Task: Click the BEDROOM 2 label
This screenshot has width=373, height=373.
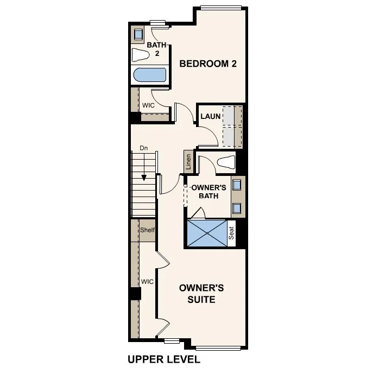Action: (208, 64)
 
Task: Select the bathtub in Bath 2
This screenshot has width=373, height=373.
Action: (149, 75)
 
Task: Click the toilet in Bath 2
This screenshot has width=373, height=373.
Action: (141, 55)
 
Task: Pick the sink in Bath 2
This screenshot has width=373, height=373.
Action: (138, 32)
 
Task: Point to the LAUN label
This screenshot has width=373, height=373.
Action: (210, 116)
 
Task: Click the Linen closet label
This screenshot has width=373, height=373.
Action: (188, 162)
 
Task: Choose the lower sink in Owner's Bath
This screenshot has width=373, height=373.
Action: (237, 207)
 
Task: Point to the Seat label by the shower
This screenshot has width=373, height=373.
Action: (231, 234)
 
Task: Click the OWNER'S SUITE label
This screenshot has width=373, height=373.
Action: (201, 293)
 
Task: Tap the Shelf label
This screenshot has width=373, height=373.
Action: (147, 230)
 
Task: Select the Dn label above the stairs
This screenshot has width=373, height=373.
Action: (144, 148)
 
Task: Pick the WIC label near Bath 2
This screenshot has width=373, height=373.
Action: (148, 105)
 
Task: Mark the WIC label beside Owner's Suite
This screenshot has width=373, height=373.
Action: (147, 282)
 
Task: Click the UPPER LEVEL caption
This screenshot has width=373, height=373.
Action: (164, 359)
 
